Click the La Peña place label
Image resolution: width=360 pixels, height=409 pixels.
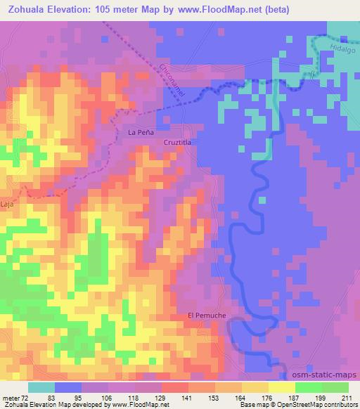[139, 131]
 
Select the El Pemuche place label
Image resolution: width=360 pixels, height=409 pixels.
[207, 316]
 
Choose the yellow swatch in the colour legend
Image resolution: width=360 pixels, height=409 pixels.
[281, 387]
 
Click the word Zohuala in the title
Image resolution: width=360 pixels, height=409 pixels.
[26, 9]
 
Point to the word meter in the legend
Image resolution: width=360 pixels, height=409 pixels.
[9, 398]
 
